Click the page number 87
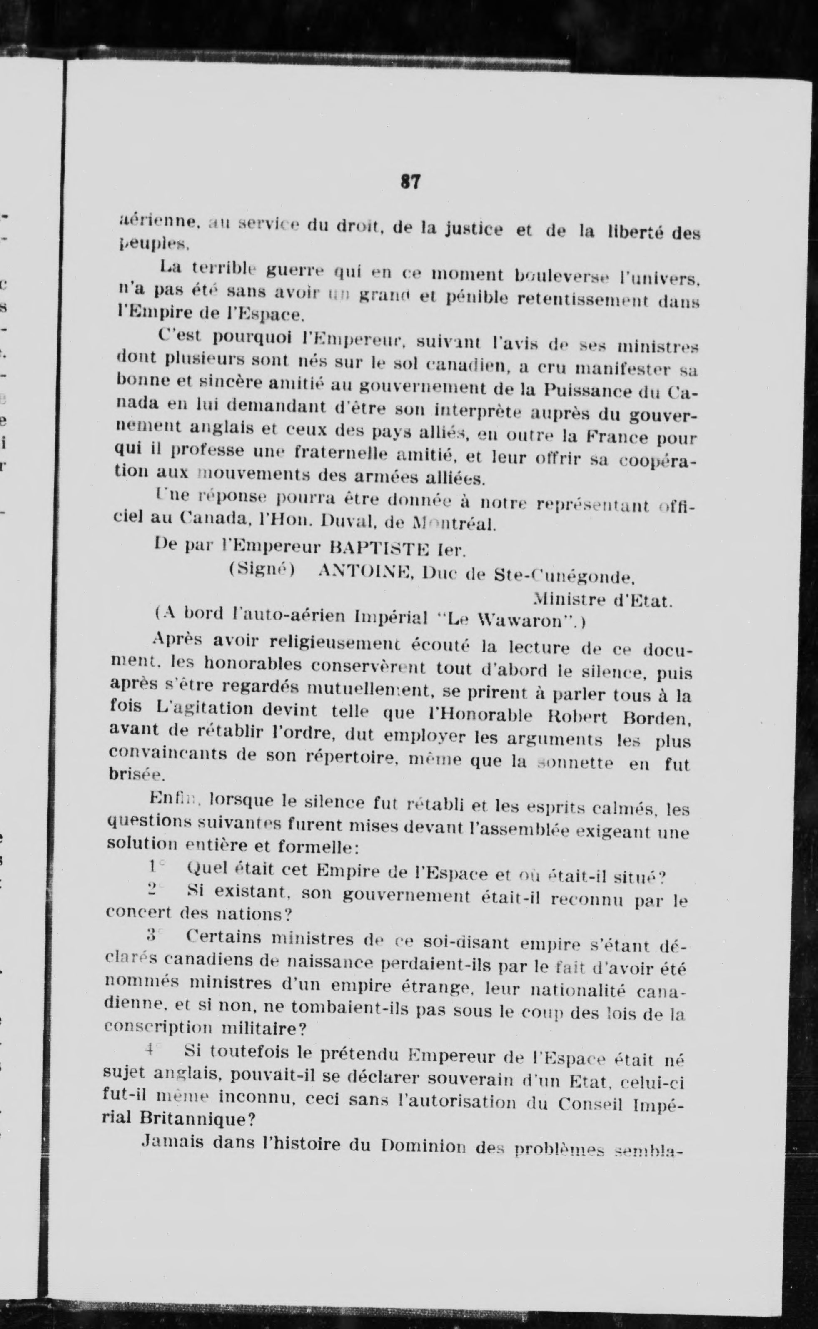tap(411, 181)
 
